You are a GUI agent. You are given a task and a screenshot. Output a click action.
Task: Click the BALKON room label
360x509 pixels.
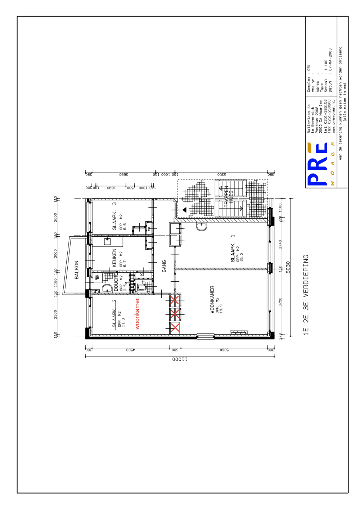[76, 270]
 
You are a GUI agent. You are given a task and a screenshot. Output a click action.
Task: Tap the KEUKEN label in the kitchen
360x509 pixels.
[114, 258]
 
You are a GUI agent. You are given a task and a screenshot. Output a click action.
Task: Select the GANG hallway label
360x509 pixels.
[164, 266]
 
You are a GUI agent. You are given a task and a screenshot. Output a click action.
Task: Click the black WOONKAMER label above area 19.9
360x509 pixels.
[212, 300]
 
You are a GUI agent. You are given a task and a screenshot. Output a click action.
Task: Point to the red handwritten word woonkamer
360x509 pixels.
[137, 314]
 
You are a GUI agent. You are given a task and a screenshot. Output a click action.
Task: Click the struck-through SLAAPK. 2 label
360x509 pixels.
[114, 314]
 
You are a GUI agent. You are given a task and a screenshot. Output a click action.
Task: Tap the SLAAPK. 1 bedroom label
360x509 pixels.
[233, 248]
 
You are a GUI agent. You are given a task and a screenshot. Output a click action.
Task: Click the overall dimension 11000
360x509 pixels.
[180, 359]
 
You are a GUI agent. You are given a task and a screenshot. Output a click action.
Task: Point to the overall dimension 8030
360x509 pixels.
[288, 267]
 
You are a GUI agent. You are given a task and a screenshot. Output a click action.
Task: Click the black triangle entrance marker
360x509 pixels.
[185, 210]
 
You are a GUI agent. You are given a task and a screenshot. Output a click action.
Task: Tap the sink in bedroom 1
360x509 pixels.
[202, 227]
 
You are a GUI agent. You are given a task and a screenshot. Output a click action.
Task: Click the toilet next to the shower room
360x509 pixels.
[141, 287]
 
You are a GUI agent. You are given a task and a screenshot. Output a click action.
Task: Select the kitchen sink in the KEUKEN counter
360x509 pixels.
[107, 241]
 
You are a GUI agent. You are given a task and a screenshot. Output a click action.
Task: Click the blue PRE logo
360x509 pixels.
[318, 165]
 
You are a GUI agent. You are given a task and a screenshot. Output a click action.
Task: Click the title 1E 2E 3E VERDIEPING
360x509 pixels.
[306, 295]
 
